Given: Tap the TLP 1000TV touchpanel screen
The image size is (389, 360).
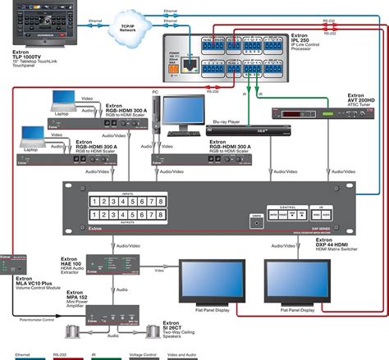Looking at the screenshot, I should pos(34,29).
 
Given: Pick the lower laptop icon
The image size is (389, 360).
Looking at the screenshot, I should pos(30,134).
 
